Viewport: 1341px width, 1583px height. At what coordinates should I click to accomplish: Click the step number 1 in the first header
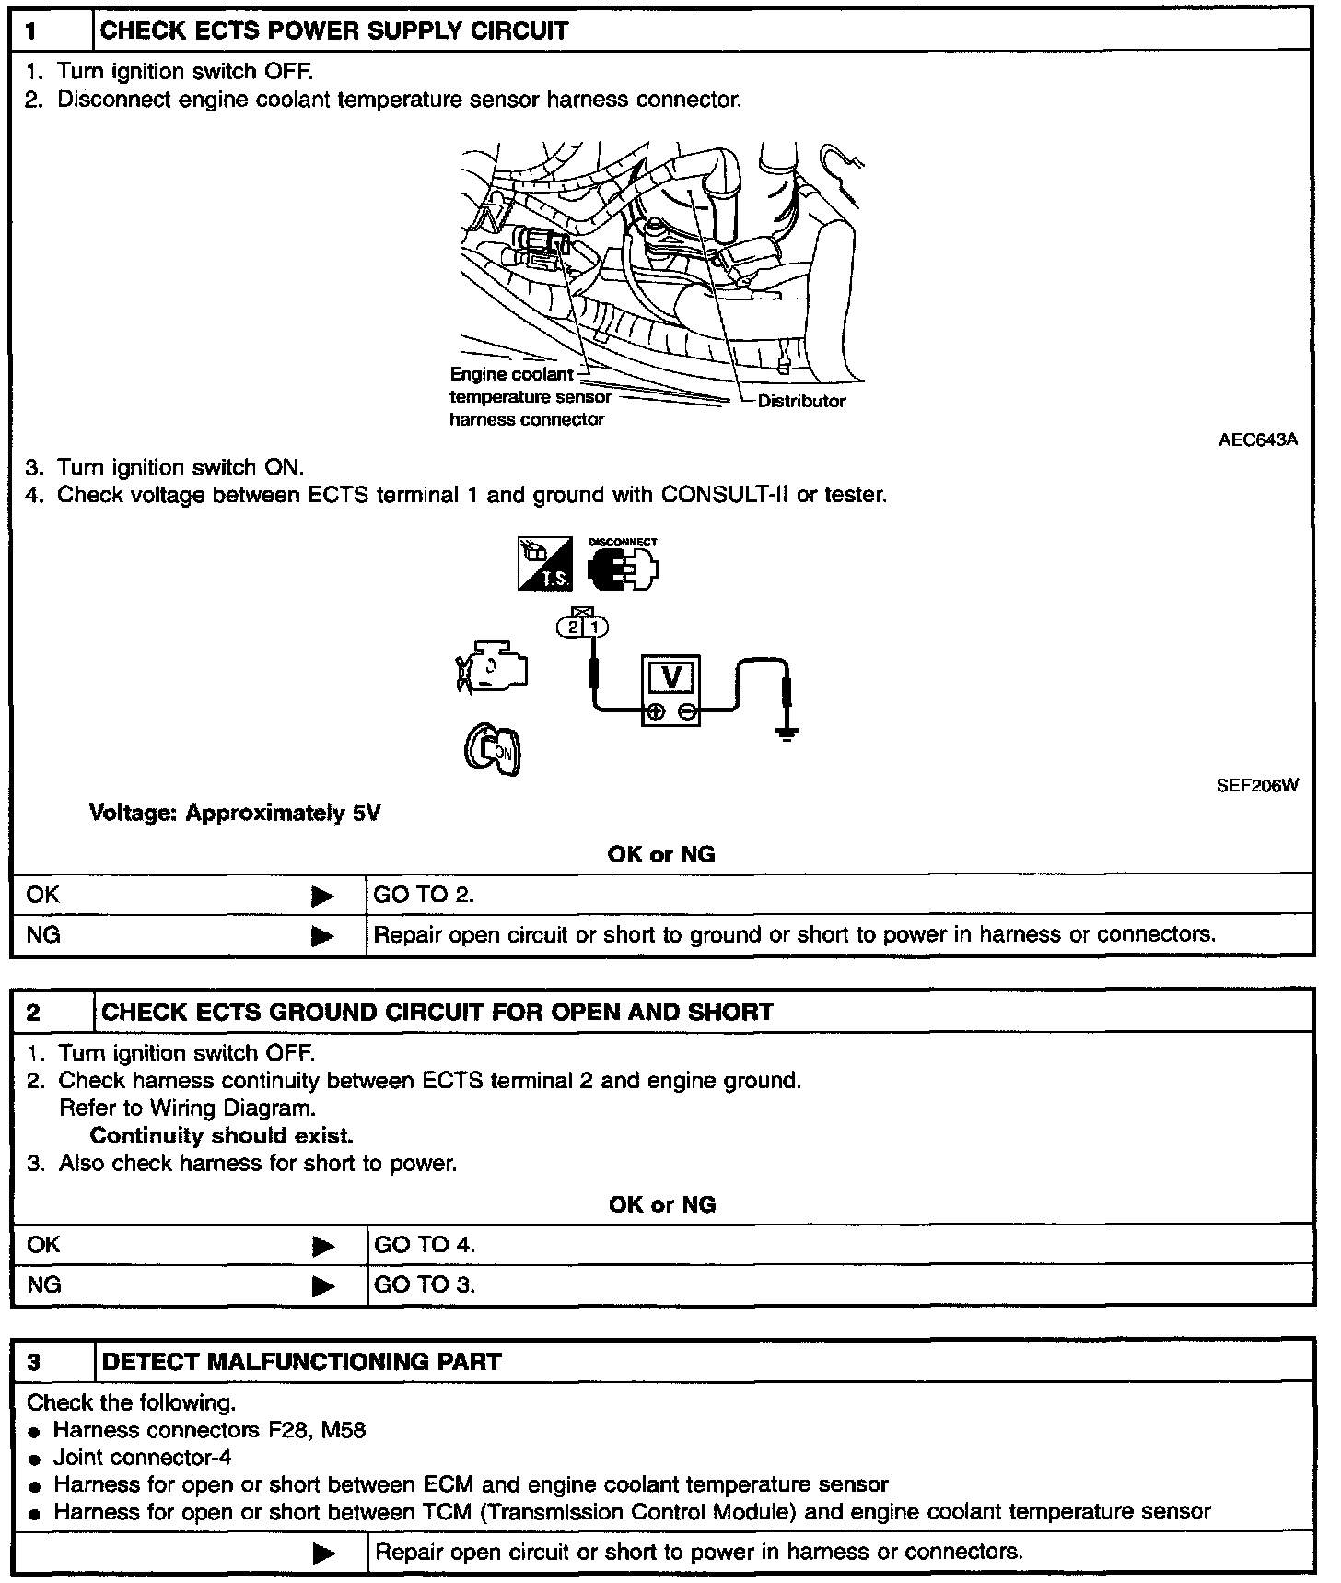(x=31, y=30)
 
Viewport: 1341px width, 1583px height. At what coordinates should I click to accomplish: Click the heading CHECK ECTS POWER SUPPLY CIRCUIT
(x=333, y=30)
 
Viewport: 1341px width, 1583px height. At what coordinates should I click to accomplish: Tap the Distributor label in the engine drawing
(x=800, y=401)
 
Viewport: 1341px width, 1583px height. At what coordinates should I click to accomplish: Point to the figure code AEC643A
(x=1257, y=440)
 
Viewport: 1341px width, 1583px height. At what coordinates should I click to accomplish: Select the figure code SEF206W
(x=1257, y=785)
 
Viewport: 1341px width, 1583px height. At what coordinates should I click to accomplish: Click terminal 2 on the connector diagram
(x=572, y=627)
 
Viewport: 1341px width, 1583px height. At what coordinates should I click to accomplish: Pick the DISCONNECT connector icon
(x=623, y=567)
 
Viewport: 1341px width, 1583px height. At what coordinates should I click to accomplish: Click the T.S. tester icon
(x=544, y=564)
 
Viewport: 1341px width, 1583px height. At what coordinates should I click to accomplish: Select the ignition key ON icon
(x=493, y=749)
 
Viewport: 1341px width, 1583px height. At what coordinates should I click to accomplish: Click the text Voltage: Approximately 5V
(x=235, y=813)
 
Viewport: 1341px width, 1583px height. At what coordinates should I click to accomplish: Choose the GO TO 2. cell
(x=424, y=894)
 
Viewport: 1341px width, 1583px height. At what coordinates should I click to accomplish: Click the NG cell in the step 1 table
(x=43, y=934)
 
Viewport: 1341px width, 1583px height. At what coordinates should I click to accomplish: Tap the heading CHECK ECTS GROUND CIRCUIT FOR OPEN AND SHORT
(x=437, y=1012)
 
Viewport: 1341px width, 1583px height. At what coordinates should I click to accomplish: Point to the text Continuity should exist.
(x=221, y=1135)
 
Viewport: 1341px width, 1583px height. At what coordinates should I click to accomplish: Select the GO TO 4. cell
(x=425, y=1245)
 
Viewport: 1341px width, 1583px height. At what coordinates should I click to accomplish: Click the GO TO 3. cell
(x=425, y=1284)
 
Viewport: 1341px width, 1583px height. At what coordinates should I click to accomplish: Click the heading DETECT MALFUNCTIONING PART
(x=301, y=1362)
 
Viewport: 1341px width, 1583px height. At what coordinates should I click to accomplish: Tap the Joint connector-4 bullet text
(x=142, y=1457)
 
